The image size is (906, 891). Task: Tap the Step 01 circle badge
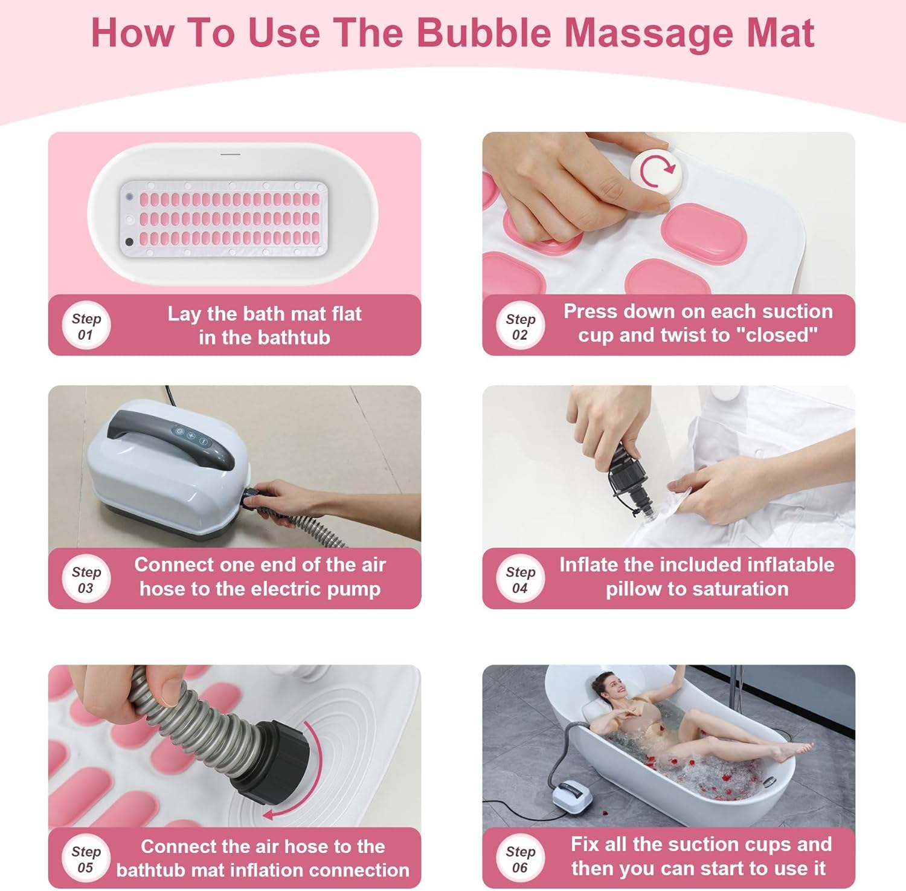86,326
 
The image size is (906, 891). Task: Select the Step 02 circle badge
520,326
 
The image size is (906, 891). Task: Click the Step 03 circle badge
86,579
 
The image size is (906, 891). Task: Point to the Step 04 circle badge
520,579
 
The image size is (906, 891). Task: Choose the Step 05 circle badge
86,858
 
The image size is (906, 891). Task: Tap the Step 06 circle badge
520,858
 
